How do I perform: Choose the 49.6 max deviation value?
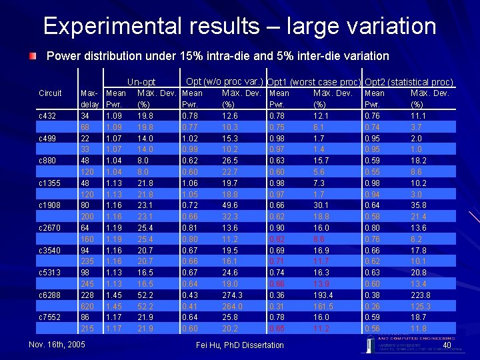point(232,206)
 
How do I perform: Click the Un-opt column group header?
point(141,82)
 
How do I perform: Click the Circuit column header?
point(51,93)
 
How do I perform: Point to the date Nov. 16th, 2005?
point(57,344)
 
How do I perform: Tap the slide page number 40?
point(447,345)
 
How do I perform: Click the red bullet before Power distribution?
point(33,55)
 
